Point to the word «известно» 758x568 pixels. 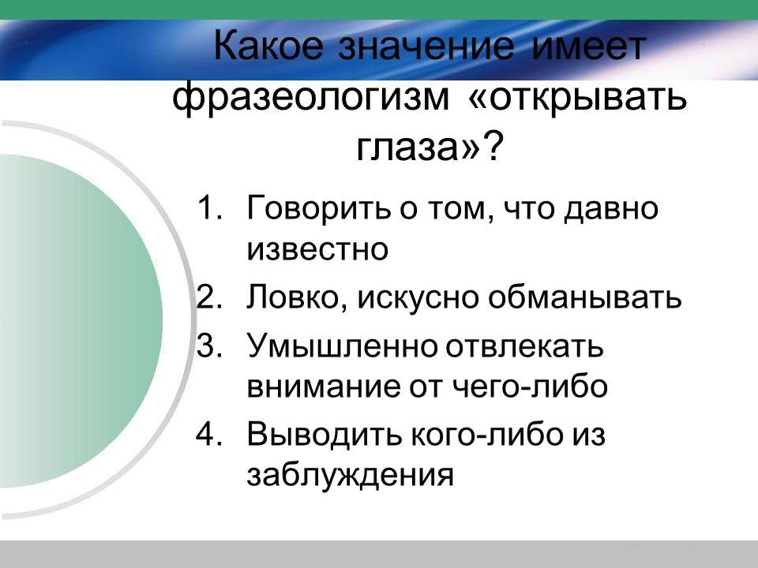[318, 250]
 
